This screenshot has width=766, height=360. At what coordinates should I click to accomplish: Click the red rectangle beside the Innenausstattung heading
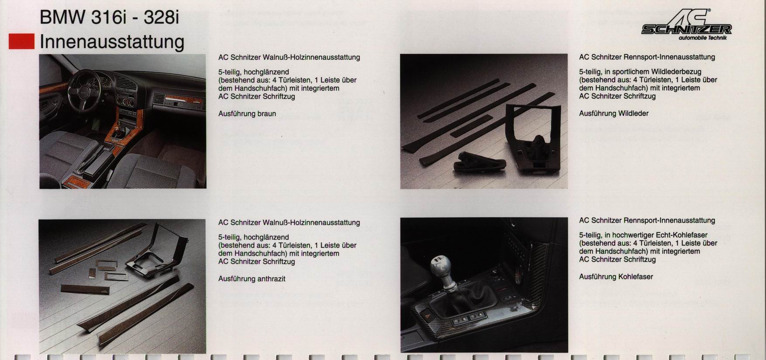point(21,42)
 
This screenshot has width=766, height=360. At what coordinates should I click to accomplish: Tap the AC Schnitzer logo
point(686,24)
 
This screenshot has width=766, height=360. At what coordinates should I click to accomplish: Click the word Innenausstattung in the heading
point(112,42)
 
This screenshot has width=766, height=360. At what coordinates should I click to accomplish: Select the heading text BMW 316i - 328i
point(109,17)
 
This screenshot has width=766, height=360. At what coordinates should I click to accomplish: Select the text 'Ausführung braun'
point(247,114)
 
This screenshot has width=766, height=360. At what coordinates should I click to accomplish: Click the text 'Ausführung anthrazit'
point(252,279)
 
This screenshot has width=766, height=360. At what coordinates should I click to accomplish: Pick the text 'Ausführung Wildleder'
point(614,113)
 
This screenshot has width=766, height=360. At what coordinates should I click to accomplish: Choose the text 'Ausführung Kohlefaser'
point(616,277)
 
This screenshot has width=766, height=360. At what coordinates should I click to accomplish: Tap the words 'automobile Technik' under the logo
point(703,38)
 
